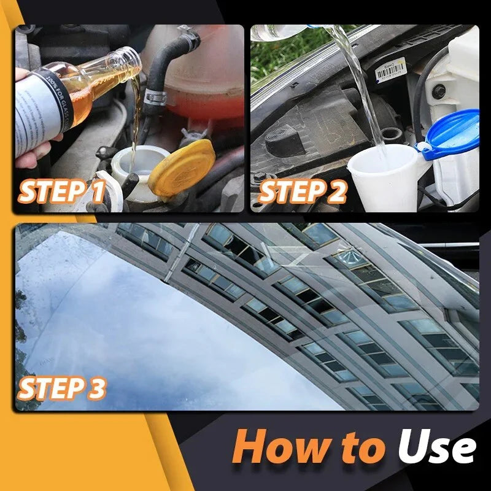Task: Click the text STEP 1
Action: click(61, 191)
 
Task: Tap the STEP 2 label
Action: click(303, 191)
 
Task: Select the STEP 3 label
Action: click(61, 388)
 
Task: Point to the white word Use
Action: click(436, 446)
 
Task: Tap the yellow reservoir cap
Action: click(182, 168)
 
